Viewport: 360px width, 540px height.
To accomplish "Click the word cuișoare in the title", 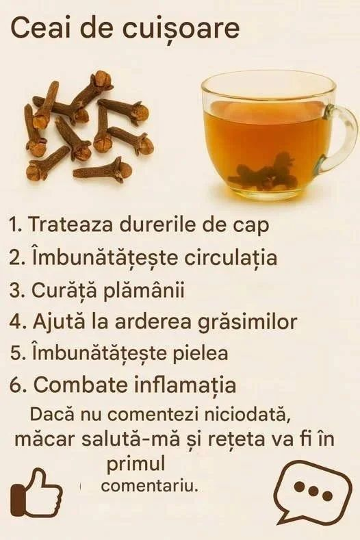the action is pyautogui.click(x=181, y=29).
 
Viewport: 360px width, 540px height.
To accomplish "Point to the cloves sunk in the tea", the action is pyautogui.click(x=264, y=173).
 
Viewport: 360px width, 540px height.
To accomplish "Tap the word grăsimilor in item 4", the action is pyautogui.click(x=247, y=322).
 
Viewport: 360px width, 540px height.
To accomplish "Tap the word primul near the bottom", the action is pyautogui.click(x=136, y=465).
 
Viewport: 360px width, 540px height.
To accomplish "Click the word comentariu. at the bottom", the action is pyautogui.click(x=150, y=487).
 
